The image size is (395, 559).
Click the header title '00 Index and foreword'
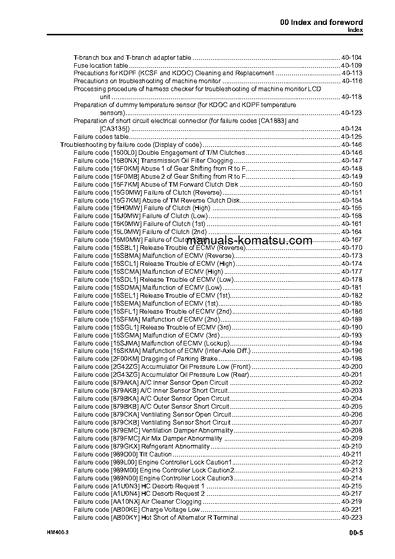(x=321, y=22)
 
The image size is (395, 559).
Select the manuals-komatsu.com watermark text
(x=250, y=241)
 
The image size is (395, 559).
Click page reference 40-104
(x=352, y=57)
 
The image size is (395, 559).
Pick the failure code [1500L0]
(x=124, y=153)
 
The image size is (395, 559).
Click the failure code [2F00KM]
(x=125, y=359)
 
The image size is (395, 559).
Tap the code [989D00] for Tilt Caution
(x=124, y=454)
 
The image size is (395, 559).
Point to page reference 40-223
(x=352, y=518)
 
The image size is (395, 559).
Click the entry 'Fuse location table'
(x=100, y=65)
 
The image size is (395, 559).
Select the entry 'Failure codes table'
(x=101, y=137)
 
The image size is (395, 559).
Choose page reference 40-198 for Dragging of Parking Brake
(x=352, y=359)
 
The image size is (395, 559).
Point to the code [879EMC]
(x=125, y=431)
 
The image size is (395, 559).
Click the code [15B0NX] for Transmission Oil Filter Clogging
(x=124, y=161)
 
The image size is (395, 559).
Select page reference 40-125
(x=352, y=137)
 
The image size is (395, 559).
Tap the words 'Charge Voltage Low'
(x=171, y=510)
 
